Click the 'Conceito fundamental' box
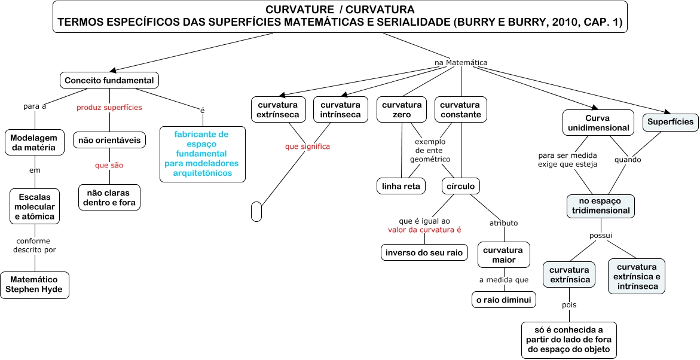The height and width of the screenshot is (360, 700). pyautogui.click(x=109, y=80)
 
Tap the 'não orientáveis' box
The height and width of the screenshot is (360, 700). pyautogui.click(x=109, y=141)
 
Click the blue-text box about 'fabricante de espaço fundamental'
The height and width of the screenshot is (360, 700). pyautogui.click(x=203, y=154)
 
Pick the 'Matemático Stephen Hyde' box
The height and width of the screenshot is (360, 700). pyautogui.click(x=34, y=285)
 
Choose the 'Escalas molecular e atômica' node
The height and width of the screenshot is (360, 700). pyautogui.click(x=34, y=206)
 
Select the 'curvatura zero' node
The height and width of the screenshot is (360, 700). pyautogui.click(x=402, y=109)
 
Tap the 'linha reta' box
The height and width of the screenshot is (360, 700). pyautogui.click(x=401, y=186)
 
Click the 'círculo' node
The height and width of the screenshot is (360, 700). pyautogui.click(x=460, y=186)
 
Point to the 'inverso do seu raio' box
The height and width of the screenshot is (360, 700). pyautogui.click(x=424, y=252)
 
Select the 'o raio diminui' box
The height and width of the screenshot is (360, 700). pyautogui.click(x=504, y=300)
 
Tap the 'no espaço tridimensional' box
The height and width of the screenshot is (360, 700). pyautogui.click(x=601, y=206)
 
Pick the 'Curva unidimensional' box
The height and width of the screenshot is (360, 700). pyautogui.click(x=598, y=123)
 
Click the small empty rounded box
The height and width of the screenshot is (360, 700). pyautogui.click(x=256, y=212)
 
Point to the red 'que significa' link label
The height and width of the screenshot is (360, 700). pyautogui.click(x=307, y=147)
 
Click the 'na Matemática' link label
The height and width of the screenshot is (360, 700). pyautogui.click(x=460, y=62)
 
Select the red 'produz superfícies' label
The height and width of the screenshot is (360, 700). pyautogui.click(x=109, y=107)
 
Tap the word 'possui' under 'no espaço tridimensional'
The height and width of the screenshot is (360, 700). pyautogui.click(x=601, y=235)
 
